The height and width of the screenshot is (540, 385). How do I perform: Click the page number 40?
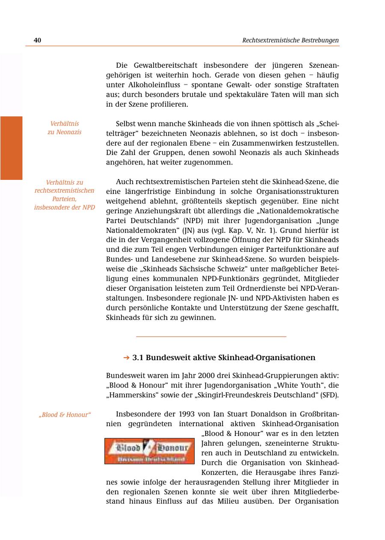pyautogui.click(x=37, y=40)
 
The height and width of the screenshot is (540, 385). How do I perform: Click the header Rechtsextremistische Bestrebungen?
pyautogui.click(x=290, y=40)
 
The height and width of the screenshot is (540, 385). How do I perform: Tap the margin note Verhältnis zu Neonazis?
pyautogui.click(x=64, y=128)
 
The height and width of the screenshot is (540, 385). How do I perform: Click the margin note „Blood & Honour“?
pyautogui.click(x=65, y=415)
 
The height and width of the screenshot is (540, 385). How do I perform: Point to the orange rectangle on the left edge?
pyautogui.click(x=11, y=148)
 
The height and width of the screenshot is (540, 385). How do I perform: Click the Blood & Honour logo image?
pyautogui.click(x=149, y=451)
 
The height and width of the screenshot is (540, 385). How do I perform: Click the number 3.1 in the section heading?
pyautogui.click(x=139, y=358)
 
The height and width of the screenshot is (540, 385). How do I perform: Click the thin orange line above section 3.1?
pyautogui.click(x=211, y=337)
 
